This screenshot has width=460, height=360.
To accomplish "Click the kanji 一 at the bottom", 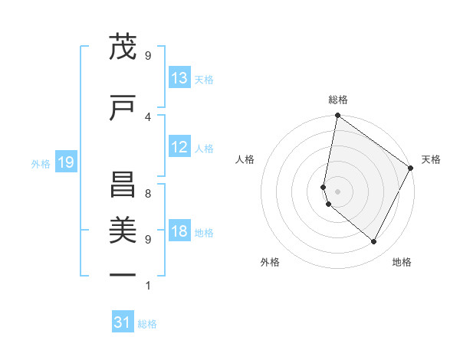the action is pos(122,274).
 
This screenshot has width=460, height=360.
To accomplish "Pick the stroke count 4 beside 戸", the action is pos(147,116).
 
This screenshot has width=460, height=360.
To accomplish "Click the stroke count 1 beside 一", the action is pos(147,286).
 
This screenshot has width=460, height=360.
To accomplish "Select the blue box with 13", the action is pos(179,78).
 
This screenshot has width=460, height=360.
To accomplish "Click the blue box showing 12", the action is pos(179,147).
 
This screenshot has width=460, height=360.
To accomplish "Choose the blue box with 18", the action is pos(179,232).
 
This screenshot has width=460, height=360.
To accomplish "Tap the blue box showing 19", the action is pos(65,162).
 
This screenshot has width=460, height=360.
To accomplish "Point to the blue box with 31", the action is pos(123,323).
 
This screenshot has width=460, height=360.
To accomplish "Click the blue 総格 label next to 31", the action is pos(147,324).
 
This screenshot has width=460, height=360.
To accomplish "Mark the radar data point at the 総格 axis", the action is pos(337,116).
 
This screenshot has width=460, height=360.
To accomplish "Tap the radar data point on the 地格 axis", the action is pos(373,241).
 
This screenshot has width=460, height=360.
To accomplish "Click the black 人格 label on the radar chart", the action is pos(245,159).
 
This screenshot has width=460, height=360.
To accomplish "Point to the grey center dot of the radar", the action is pos(337,191).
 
